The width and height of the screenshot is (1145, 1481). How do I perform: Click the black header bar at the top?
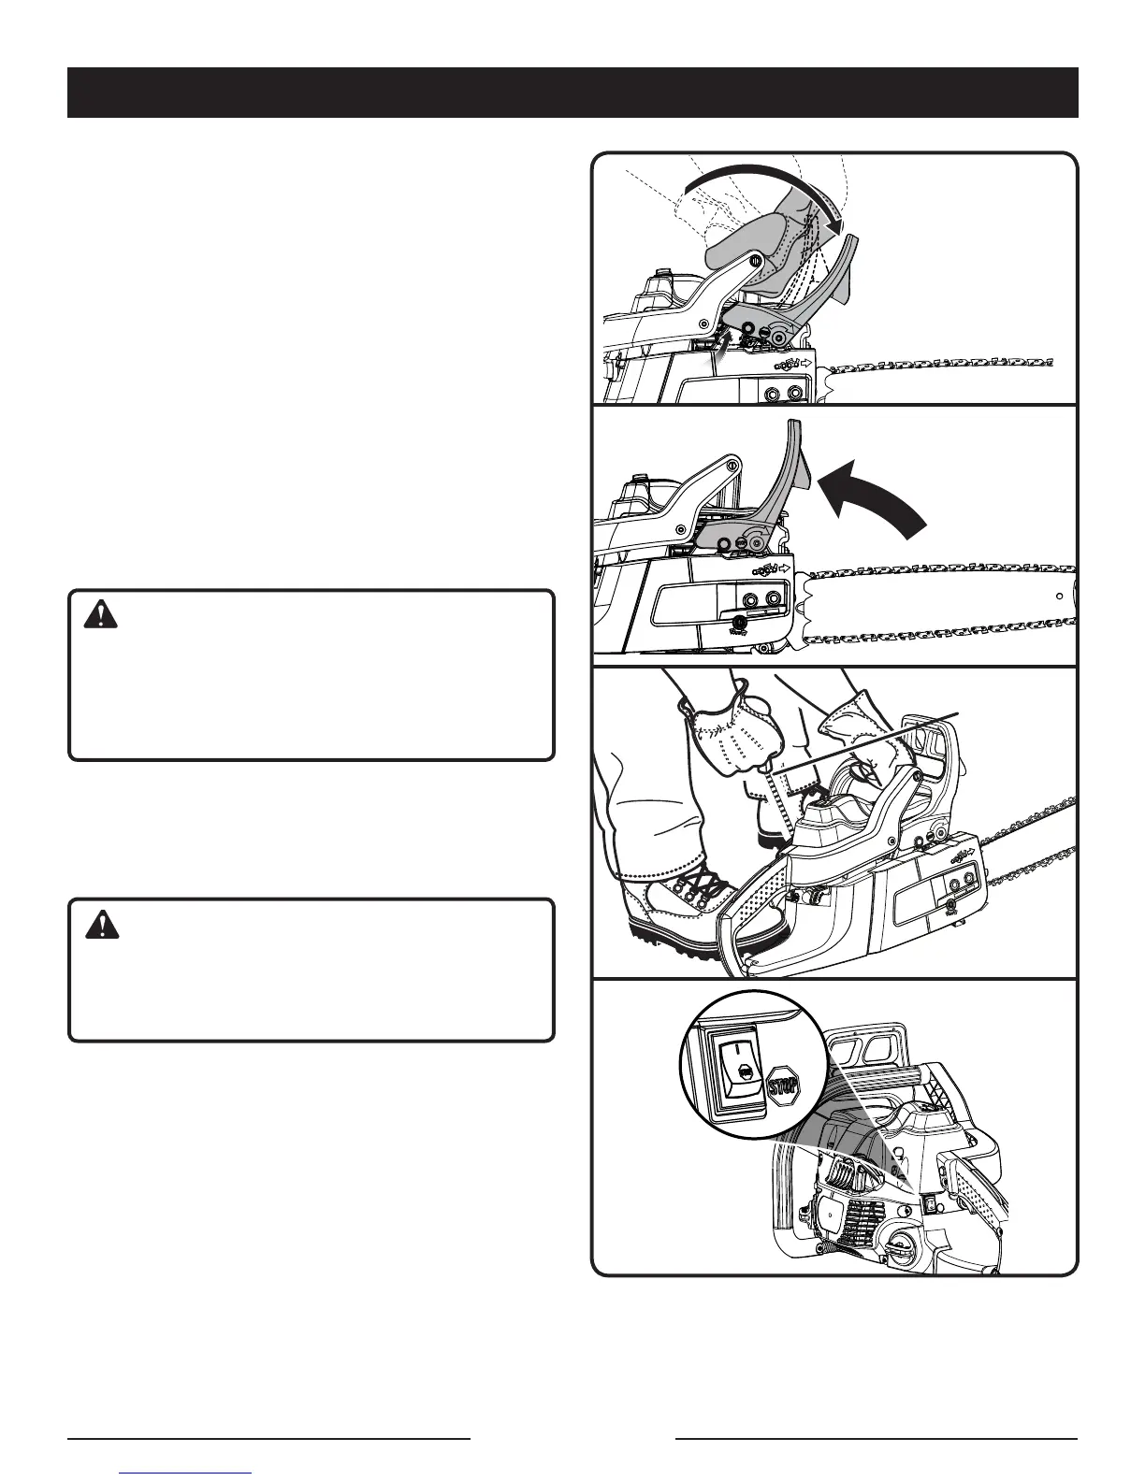pos(572,92)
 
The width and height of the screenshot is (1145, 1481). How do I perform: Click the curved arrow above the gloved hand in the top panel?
pos(767,182)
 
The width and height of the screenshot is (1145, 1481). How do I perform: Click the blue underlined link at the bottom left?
pos(186,1474)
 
